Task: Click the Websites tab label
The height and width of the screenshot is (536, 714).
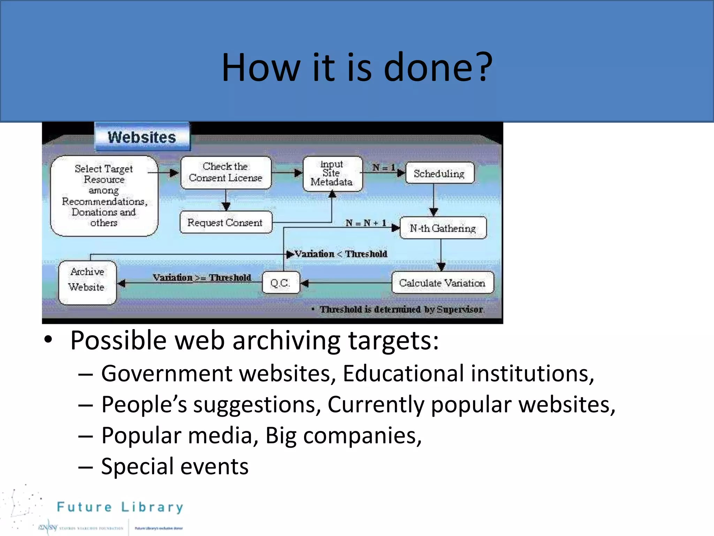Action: click(142, 137)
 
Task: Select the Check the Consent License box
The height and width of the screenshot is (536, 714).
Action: click(226, 172)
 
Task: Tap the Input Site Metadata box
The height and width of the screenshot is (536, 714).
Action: click(332, 173)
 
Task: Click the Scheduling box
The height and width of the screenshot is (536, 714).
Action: click(439, 173)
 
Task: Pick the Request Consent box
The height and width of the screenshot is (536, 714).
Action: click(225, 222)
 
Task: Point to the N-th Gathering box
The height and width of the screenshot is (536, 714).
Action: click(443, 228)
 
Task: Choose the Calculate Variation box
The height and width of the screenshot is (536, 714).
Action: click(442, 283)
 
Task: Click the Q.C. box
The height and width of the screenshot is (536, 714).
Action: click(280, 283)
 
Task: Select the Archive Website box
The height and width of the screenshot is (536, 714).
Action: click(87, 283)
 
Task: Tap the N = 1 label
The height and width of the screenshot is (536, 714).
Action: click(383, 167)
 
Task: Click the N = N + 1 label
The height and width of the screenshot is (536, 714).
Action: click(366, 223)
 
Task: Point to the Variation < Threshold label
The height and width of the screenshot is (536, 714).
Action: click(341, 254)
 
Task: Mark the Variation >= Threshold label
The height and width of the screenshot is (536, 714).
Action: click(202, 277)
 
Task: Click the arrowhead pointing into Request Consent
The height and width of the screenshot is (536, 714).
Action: click(226, 207)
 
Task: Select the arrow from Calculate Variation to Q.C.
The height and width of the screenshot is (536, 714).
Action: click(345, 283)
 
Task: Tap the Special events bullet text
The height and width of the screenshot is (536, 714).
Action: click(175, 466)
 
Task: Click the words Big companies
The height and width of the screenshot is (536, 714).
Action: click(343, 435)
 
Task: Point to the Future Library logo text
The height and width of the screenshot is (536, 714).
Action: click(120, 507)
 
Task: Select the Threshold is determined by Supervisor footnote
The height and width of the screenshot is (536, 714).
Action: click(401, 309)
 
